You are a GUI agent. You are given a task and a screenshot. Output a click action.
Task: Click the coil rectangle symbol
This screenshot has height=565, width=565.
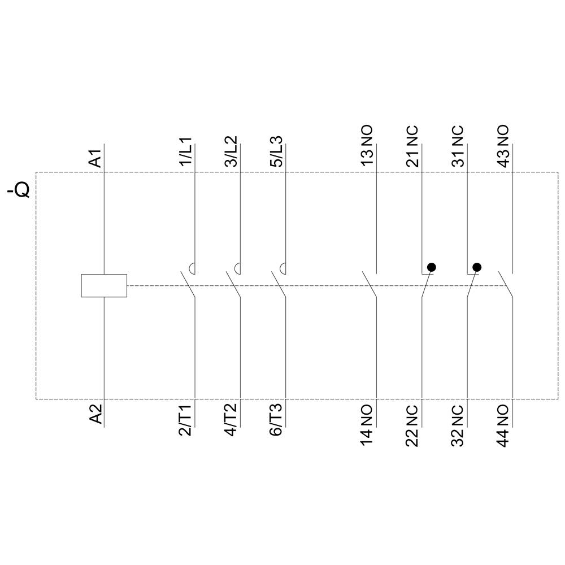point(104,285)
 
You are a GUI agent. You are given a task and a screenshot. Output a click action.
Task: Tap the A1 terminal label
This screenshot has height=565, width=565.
point(95,158)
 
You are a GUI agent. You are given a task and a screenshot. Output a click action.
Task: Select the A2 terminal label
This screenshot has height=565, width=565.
point(95,415)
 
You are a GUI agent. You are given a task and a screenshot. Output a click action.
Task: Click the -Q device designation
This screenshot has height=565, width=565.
point(19,190)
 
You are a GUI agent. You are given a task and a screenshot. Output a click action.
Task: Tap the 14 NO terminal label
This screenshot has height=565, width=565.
point(367,425)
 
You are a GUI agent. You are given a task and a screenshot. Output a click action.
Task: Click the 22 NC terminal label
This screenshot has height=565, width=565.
point(412,425)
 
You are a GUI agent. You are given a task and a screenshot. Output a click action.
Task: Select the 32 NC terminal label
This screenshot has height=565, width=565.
point(458,425)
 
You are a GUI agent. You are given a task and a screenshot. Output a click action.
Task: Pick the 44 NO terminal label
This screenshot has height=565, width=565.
point(503,425)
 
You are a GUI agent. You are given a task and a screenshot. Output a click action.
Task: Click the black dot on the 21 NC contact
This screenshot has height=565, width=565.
point(432,267)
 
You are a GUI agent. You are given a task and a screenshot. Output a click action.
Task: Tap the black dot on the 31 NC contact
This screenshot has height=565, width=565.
point(477,267)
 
